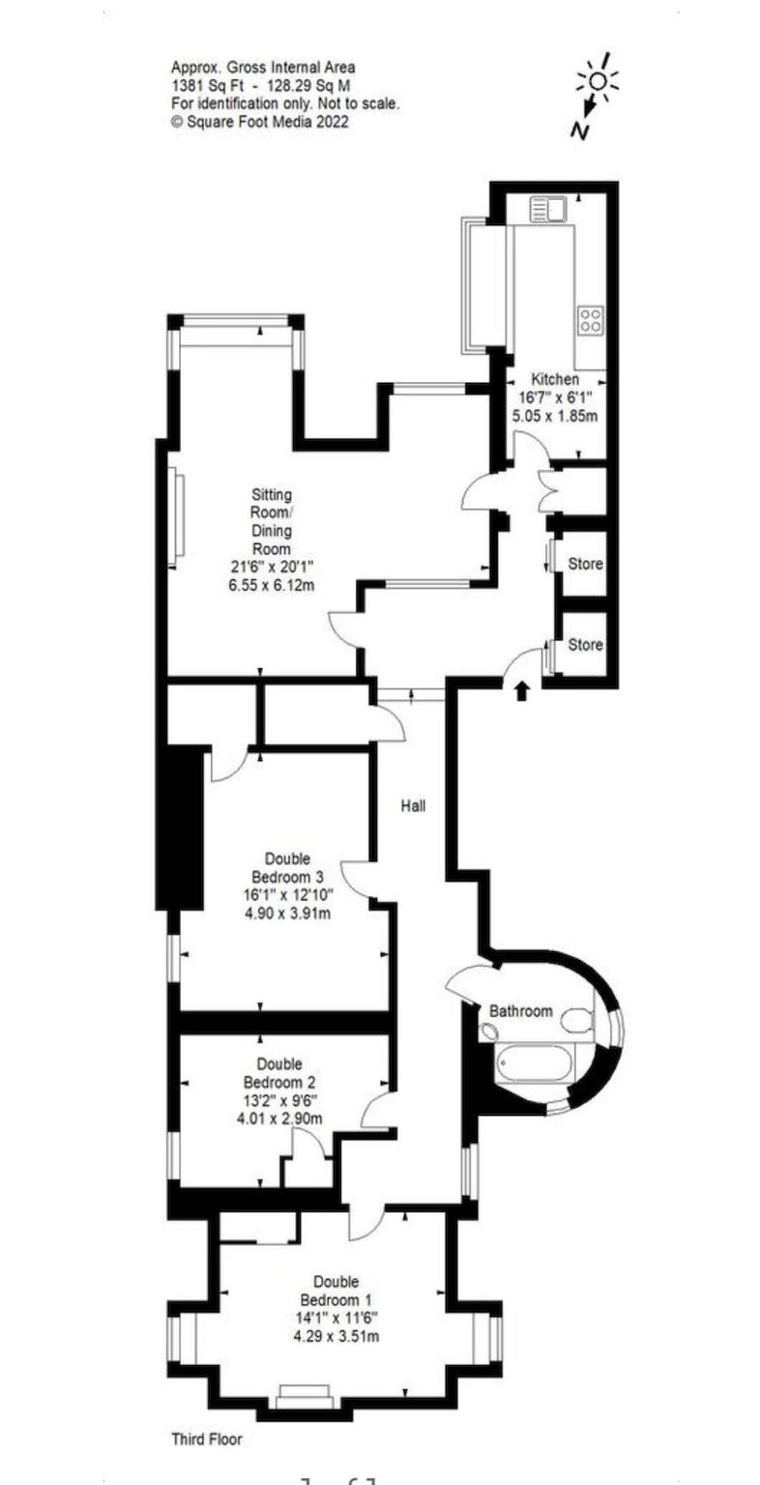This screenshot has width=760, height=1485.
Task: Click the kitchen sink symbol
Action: (x=548, y=209)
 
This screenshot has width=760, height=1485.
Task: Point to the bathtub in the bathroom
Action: (x=535, y=1064)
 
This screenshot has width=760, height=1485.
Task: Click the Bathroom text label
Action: (x=520, y=1011)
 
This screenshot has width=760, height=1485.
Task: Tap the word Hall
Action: (x=414, y=804)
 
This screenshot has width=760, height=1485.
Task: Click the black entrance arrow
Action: (x=522, y=690)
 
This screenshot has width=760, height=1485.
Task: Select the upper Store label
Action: (x=585, y=563)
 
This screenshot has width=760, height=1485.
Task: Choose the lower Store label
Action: (x=585, y=645)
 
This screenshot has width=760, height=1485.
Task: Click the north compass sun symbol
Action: (x=598, y=83)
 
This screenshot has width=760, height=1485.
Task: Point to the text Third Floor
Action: (x=206, y=1439)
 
